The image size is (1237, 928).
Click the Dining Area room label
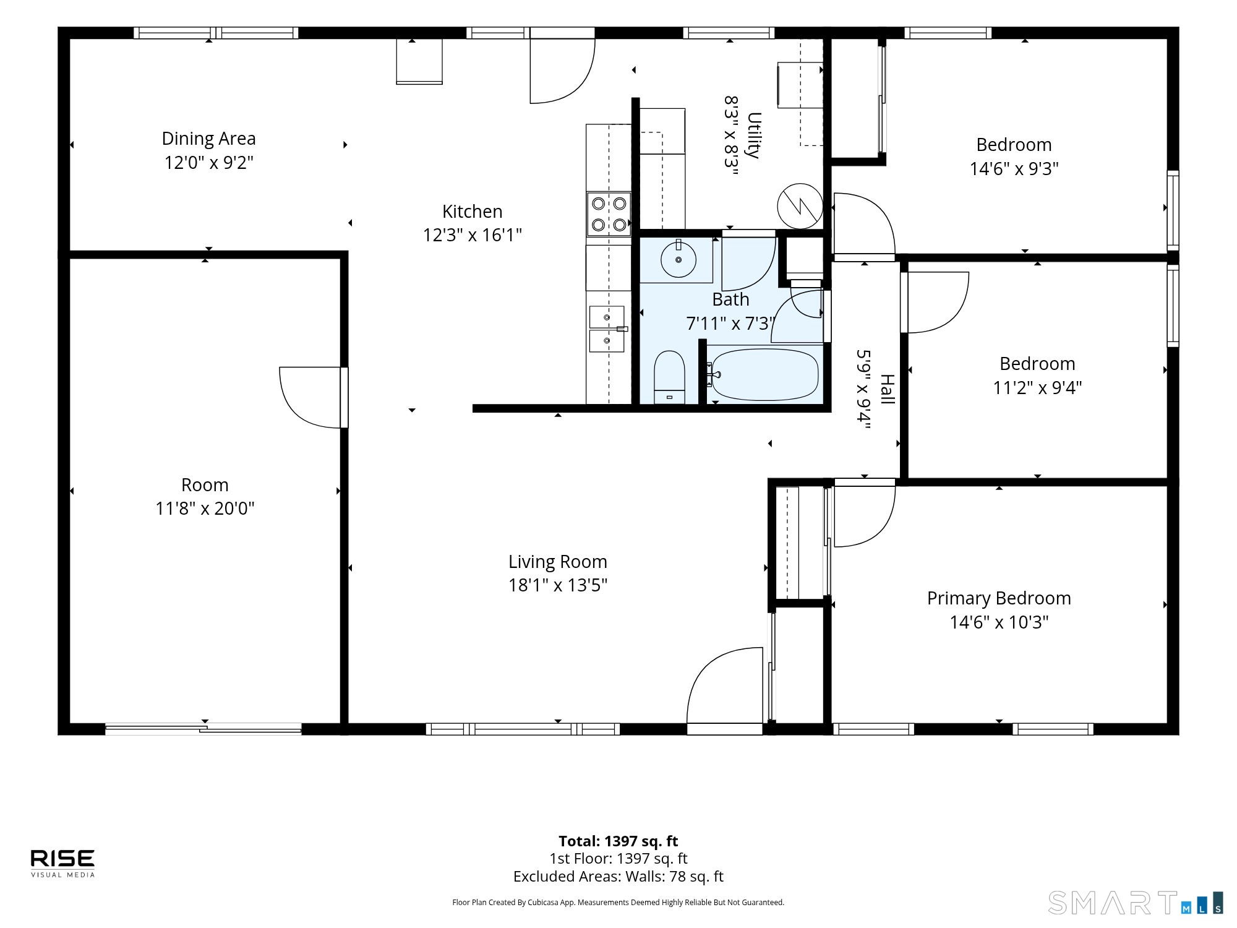pos(208,139)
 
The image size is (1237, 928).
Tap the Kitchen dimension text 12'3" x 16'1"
pos(473,235)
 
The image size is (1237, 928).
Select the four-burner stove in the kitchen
pos(609,214)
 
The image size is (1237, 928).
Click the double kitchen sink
pos(607,329)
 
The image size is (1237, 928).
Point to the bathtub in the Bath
pos(765,374)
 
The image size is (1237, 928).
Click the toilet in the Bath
pos(669,377)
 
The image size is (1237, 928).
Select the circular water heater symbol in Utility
pos(800,205)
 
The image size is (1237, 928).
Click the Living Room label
pos(558,562)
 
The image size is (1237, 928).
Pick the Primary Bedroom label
pos(999,598)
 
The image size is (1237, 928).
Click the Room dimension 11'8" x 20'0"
pos(205,509)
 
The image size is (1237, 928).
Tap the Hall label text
pos(888,389)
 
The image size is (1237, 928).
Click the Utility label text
pos(753,135)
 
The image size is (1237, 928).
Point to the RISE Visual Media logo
pos(62,863)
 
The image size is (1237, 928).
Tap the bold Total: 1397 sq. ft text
pos(618,841)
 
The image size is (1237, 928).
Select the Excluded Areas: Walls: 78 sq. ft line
pos(618,877)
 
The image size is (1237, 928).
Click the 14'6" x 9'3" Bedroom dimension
pos(1014,169)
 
